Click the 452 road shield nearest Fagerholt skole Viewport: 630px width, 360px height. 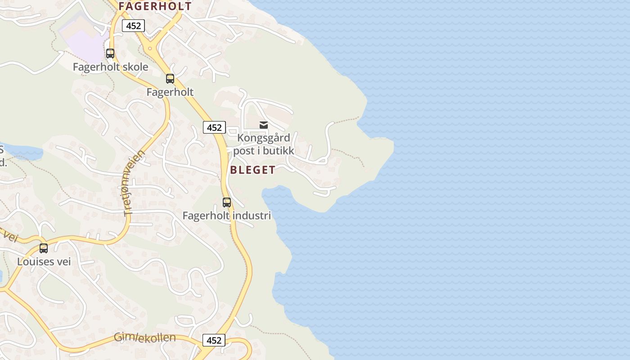tap(133, 26)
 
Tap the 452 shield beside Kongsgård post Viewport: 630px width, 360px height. tap(214, 127)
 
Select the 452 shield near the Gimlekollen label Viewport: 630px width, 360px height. tap(214, 340)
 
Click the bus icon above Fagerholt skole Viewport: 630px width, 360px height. tap(110, 54)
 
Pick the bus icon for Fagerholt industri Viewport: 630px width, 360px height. tap(227, 202)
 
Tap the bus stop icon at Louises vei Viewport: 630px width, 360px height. tap(44, 248)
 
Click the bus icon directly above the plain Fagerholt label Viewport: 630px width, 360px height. tap(170, 79)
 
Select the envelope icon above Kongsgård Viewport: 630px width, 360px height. tap(264, 125)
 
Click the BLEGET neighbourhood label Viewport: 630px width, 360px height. tap(252, 170)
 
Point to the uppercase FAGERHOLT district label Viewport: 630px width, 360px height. tap(155, 6)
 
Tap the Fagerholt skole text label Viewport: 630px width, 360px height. tap(111, 67)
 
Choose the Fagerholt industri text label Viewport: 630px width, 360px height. tap(227, 216)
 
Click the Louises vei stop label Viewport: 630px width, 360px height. tap(44, 261)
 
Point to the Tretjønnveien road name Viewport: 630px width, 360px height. tap(134, 183)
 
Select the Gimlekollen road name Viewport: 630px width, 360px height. tap(144, 337)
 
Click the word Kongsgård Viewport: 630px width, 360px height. tap(264, 138)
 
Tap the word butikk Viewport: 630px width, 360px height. tap(278, 151)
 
